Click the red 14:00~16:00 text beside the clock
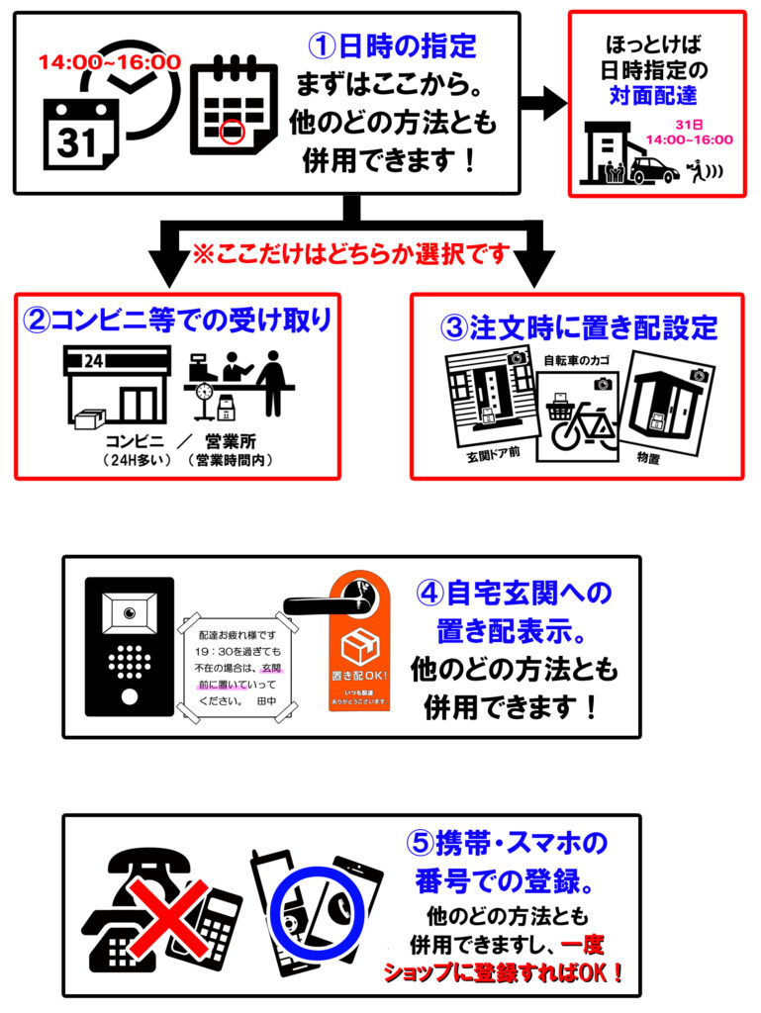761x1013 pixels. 109,62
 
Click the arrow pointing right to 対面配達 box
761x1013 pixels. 540,102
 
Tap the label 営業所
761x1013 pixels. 229,442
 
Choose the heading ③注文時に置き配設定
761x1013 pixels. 579,326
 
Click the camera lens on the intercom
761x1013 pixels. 129,614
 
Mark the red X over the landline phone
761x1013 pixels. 162,911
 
